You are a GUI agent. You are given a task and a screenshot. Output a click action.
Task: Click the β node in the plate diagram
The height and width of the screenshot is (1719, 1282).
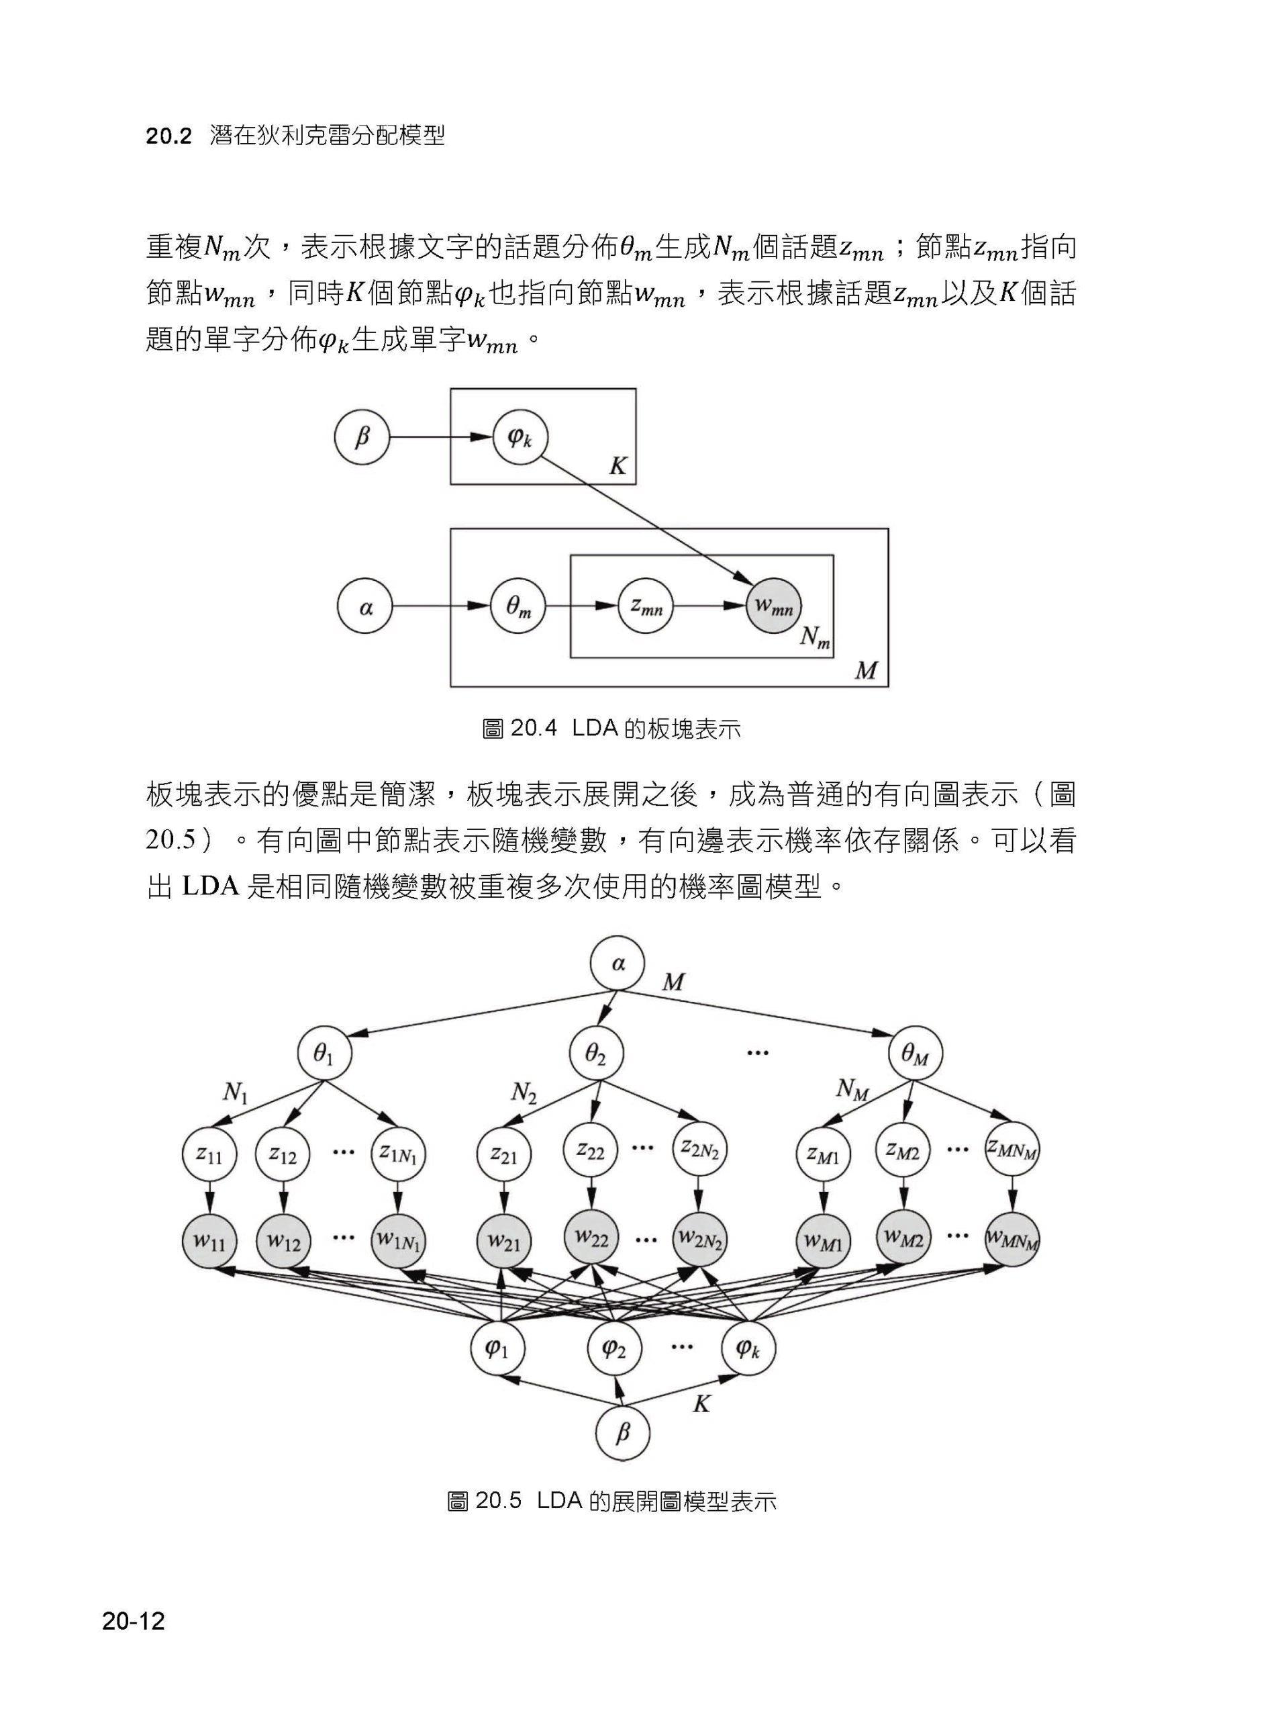(x=362, y=437)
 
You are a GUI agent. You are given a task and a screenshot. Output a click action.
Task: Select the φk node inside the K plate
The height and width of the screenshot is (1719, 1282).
(x=520, y=437)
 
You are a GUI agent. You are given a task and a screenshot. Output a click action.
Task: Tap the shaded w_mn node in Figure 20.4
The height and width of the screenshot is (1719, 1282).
(x=773, y=606)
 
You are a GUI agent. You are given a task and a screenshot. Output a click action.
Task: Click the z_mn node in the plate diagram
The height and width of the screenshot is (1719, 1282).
(x=646, y=606)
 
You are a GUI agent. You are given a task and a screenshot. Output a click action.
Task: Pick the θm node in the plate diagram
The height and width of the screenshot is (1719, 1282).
(x=518, y=606)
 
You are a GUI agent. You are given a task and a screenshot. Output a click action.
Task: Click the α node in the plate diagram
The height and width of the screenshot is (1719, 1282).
(x=364, y=606)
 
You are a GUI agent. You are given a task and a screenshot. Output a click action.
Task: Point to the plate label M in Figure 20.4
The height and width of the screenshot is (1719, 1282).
(x=865, y=670)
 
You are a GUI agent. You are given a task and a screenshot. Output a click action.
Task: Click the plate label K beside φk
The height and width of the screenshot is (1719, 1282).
(x=618, y=466)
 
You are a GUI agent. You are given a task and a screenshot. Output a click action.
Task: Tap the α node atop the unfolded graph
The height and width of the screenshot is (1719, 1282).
(x=618, y=964)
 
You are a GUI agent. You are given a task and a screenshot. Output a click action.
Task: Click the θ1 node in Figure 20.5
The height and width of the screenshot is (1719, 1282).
(x=324, y=1054)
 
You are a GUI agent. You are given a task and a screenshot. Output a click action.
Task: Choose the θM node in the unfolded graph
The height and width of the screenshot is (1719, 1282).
(x=916, y=1054)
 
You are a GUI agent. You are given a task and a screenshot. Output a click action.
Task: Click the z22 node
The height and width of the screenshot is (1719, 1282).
(x=591, y=1151)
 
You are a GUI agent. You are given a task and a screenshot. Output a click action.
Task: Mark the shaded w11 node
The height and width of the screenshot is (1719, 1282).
(x=209, y=1241)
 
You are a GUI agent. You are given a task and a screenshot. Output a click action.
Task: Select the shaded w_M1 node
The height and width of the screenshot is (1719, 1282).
(x=824, y=1241)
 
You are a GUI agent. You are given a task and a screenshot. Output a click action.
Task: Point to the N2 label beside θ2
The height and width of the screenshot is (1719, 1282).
(x=524, y=1094)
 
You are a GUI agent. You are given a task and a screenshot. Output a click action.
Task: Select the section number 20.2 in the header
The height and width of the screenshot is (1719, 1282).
(x=168, y=137)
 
